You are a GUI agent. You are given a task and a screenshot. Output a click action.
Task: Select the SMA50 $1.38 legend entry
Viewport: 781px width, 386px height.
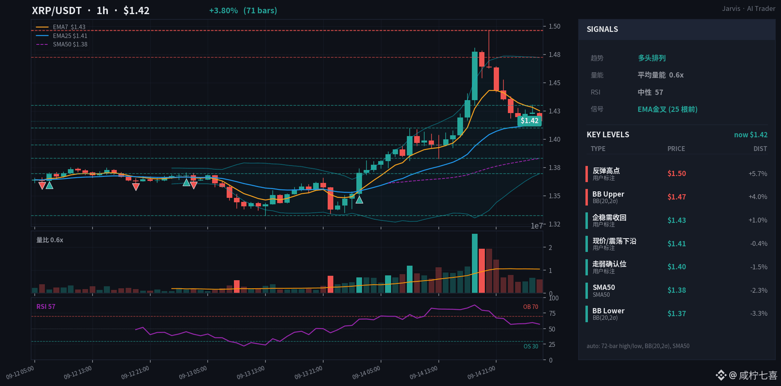coord(61,44)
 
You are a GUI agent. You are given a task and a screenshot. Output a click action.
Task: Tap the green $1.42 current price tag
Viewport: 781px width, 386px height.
coord(529,121)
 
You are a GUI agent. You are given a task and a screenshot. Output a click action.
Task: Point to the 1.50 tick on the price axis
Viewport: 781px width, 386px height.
coord(554,26)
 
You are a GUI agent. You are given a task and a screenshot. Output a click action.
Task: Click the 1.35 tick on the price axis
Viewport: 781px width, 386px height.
coord(554,196)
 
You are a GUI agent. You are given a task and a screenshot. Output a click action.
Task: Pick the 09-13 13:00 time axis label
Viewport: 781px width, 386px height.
coord(251,372)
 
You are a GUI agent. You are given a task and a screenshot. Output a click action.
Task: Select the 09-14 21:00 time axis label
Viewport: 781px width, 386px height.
coord(481,372)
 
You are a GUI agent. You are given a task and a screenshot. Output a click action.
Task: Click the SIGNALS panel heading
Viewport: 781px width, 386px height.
coord(602,29)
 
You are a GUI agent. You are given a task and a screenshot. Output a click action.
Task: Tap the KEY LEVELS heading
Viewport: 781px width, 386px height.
coord(608,134)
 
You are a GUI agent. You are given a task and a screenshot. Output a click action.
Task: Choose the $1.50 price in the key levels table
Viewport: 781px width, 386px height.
coord(677,173)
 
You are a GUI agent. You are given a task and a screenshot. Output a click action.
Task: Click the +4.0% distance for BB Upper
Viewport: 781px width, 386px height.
coord(758,197)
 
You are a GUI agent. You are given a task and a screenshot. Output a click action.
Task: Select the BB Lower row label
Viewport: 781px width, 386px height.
coord(608,311)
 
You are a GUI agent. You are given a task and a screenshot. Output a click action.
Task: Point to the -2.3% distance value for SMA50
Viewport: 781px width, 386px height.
coord(759,290)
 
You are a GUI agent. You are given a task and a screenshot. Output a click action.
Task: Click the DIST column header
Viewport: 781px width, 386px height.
coord(760,149)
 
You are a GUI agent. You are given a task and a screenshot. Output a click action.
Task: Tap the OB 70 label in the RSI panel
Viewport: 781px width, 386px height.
coord(530,307)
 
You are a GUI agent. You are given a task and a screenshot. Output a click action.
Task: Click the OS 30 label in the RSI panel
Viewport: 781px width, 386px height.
coord(531,346)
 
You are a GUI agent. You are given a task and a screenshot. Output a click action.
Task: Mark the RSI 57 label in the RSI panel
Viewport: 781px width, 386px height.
coord(46,306)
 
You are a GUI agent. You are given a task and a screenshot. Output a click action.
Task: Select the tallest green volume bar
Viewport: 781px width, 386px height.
coord(475,263)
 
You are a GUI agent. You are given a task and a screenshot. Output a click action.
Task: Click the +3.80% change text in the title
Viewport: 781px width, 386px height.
coord(223,10)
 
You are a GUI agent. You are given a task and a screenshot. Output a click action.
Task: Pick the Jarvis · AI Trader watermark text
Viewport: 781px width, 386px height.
coord(749,8)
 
